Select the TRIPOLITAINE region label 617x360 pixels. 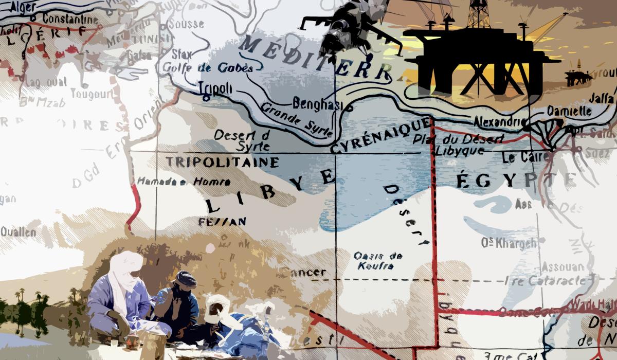tap(222, 162)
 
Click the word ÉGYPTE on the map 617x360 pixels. tap(514, 181)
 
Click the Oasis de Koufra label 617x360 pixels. tap(378, 261)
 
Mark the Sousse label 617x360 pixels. tap(186, 24)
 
